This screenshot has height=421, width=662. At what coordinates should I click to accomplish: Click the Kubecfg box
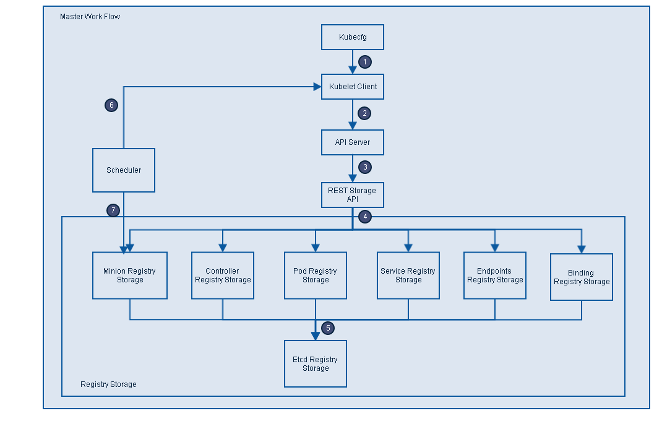[x=353, y=37]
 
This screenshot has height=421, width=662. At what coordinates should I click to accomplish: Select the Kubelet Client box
[x=353, y=87]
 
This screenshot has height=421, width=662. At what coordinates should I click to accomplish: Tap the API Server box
[x=353, y=142]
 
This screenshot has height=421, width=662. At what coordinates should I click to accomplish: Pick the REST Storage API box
[x=353, y=195]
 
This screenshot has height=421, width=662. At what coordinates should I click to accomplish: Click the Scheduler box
[x=124, y=170]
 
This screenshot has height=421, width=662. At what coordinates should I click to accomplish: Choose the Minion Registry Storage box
[x=130, y=276]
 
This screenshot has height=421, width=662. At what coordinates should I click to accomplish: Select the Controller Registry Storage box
[x=223, y=276]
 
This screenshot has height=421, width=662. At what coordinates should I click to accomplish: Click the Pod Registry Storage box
[x=316, y=276]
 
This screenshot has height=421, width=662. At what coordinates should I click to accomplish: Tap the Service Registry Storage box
[x=408, y=276]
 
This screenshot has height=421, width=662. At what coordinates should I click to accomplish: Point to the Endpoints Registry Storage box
[x=495, y=276]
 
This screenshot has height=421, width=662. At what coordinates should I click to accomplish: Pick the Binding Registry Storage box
[x=582, y=277]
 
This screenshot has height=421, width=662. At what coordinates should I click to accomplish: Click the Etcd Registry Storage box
[x=316, y=364]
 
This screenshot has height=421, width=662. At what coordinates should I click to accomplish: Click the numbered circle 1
[x=365, y=62]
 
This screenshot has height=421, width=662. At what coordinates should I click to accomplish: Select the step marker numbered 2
[x=365, y=113]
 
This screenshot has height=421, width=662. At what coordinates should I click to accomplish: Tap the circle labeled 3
[x=365, y=167]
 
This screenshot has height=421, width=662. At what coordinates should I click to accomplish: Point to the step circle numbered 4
[x=365, y=217]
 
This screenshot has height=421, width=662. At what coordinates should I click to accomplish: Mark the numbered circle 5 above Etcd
[x=328, y=328]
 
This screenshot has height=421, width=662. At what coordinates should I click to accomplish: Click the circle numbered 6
[x=111, y=105]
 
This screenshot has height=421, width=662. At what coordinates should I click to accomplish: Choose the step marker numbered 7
[x=113, y=210]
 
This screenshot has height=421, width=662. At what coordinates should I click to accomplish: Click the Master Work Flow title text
[x=90, y=17]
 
